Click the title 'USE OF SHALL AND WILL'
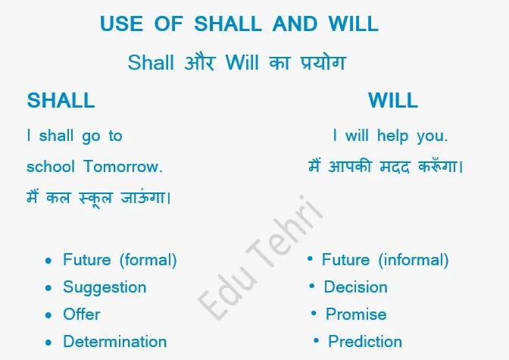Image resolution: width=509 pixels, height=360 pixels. (239, 24)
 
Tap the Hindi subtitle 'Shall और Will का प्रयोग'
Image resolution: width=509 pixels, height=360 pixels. (236, 62)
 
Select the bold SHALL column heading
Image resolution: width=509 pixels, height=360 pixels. (61, 100)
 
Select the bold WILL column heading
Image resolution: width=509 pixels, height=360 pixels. (393, 100)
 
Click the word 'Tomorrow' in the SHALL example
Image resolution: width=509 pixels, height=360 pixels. (123, 166)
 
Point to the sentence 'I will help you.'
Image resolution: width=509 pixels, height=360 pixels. (390, 136)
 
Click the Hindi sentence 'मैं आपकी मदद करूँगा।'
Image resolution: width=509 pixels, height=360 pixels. (386, 166)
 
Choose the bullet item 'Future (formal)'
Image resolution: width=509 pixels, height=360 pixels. (120, 260)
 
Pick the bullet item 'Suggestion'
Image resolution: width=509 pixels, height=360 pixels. (105, 287)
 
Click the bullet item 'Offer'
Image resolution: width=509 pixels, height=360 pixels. (82, 315)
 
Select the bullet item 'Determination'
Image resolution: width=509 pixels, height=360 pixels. (114, 342)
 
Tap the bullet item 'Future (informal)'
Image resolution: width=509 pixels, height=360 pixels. (385, 260)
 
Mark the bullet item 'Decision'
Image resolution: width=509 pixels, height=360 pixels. (355, 287)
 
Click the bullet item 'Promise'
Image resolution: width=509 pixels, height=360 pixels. (356, 315)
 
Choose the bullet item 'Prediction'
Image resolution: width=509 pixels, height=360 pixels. (364, 342)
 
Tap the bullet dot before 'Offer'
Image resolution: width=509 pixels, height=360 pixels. (48, 315)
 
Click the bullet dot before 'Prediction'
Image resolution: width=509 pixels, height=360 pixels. (316, 341)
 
